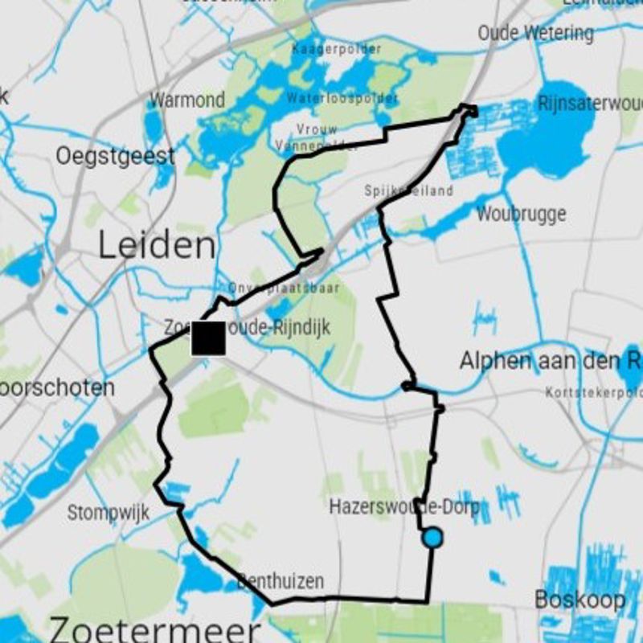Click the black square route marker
(x=208, y=338)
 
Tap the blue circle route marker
(x=432, y=538)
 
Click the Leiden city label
(x=157, y=245)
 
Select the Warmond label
(x=187, y=100)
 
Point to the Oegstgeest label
(x=115, y=156)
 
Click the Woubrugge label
(x=521, y=215)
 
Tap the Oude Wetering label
(x=535, y=33)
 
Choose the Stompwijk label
(x=108, y=513)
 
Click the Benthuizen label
(x=281, y=580)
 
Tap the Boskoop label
(x=580, y=600)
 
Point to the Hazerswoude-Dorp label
(x=404, y=507)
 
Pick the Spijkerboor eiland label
(x=408, y=190)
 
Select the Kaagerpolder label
(x=337, y=50)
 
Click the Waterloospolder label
(x=342, y=98)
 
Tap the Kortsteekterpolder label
(x=593, y=392)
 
